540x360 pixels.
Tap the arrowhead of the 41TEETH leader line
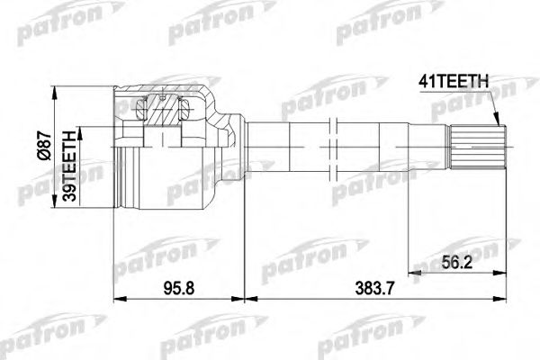496,125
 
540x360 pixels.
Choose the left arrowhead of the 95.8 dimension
118,299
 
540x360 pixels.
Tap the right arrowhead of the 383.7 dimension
502,299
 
